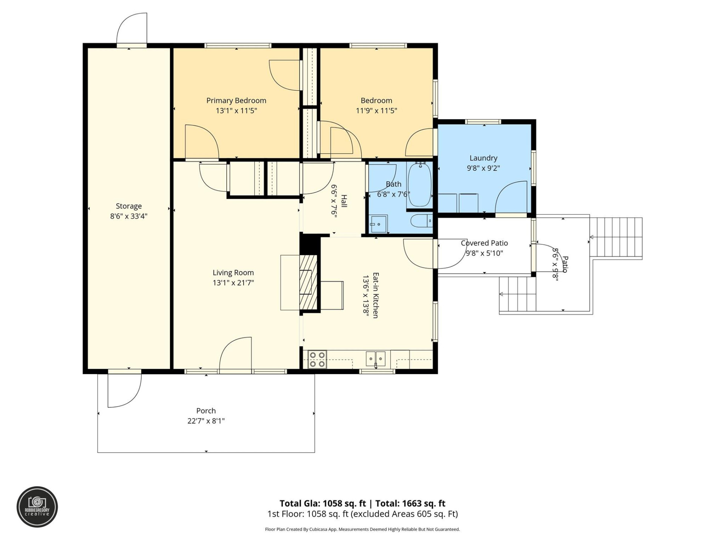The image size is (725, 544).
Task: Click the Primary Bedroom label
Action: tap(236, 100)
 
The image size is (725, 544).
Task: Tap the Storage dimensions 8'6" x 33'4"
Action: tap(128, 216)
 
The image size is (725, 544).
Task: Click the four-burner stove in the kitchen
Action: tap(317, 359)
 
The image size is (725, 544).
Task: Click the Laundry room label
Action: tap(483, 158)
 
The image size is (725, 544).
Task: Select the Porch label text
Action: tap(206, 411)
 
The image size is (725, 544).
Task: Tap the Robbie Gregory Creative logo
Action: tap(37, 507)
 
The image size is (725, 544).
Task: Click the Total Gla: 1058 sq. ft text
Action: tap(322, 503)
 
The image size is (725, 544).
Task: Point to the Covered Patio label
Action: tap(484, 243)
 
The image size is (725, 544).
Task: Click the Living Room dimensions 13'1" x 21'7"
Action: tap(233, 283)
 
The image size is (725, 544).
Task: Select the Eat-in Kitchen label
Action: tap(376, 295)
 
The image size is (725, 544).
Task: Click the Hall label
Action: tap(344, 201)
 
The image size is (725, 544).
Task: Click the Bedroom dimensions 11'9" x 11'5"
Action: tap(376, 111)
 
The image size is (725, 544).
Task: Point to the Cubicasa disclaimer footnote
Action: tap(362, 529)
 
